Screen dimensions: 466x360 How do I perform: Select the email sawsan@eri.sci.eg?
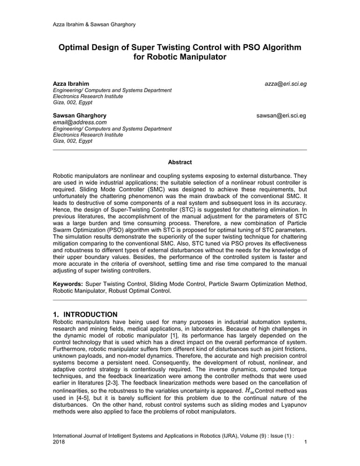(x=281, y=116)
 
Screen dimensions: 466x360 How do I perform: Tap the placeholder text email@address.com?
(x=80, y=122)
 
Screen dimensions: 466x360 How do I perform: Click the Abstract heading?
(x=179, y=162)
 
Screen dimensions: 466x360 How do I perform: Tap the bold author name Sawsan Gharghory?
(x=80, y=116)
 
